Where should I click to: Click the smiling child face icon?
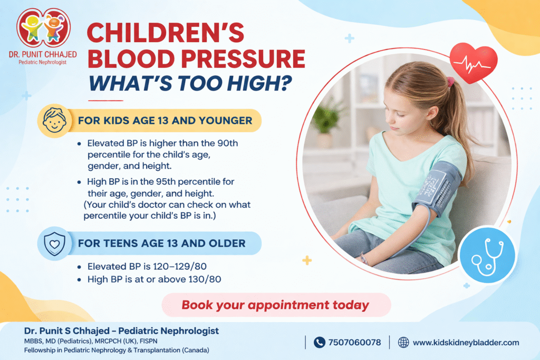54,121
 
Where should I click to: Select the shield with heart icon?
54,244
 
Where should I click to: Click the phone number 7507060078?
354,343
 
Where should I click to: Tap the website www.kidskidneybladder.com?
466,343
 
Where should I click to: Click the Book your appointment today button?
275,305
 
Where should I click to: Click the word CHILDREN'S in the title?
166,34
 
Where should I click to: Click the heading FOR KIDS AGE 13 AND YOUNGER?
165,121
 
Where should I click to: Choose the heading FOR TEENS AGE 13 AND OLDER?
161,244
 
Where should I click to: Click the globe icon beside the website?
403,343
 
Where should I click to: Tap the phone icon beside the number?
319,343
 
